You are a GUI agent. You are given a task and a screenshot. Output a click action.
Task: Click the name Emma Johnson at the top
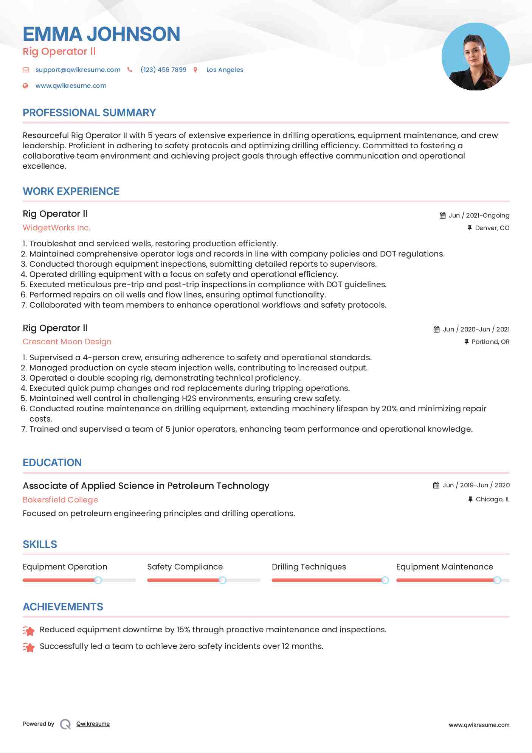(x=101, y=34)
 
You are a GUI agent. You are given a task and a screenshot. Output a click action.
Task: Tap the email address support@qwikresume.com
(x=78, y=70)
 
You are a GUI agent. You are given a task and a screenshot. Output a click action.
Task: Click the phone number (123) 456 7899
(x=163, y=70)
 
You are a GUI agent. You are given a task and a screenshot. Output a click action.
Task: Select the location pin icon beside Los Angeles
(x=195, y=70)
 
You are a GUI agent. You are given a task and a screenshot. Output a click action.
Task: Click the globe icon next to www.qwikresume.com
(x=25, y=86)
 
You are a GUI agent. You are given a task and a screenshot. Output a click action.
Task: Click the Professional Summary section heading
(x=89, y=113)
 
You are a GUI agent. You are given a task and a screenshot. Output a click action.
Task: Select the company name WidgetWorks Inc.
(x=57, y=228)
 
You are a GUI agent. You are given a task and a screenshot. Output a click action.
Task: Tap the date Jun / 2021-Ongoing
(x=479, y=215)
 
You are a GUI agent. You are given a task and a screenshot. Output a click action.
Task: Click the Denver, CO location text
(x=492, y=228)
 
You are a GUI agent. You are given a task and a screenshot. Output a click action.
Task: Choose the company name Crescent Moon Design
(x=67, y=342)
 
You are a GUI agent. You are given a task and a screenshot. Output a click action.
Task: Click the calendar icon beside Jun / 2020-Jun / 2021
(x=436, y=329)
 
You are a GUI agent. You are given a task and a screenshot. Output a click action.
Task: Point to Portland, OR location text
(x=490, y=342)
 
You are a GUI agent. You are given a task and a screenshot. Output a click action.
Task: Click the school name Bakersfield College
(x=60, y=500)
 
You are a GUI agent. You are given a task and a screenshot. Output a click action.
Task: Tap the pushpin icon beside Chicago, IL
(x=470, y=499)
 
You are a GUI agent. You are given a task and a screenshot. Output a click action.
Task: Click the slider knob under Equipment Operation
(x=98, y=580)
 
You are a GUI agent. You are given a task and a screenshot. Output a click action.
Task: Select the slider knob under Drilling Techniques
(x=385, y=580)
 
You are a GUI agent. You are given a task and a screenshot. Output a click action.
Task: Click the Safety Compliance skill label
(x=185, y=567)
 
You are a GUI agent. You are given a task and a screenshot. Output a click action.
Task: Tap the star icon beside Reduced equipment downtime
(x=29, y=630)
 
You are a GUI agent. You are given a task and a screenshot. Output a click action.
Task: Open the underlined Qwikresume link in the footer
(x=93, y=724)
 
